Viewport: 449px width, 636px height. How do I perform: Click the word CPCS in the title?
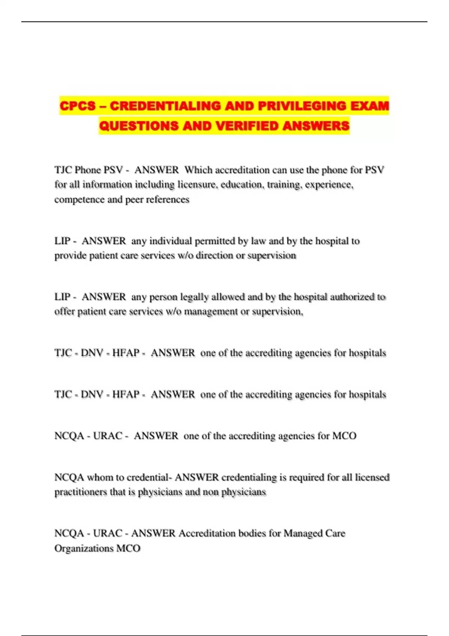coord(77,106)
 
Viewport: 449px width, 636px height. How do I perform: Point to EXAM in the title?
coord(370,106)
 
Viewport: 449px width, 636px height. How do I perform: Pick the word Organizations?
coord(83,548)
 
